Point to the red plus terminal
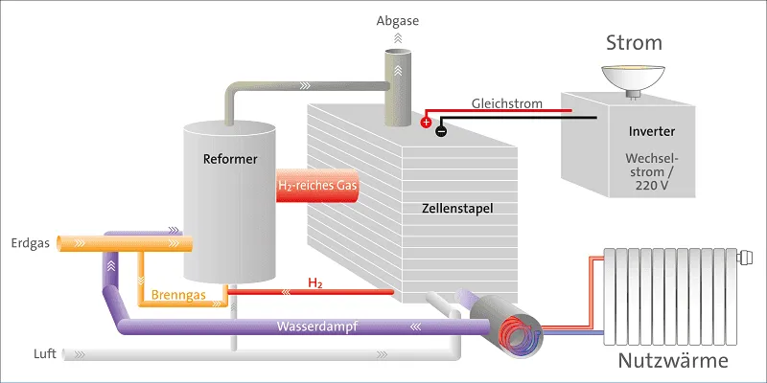click(x=426, y=122)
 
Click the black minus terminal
click(x=440, y=131)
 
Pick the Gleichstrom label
click(x=506, y=103)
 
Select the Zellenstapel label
click(x=457, y=208)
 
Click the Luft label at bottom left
click(x=44, y=353)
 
